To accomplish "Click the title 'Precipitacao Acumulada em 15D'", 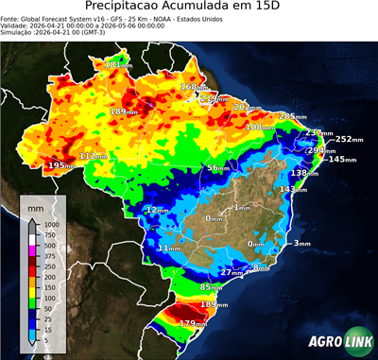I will coord(189,9).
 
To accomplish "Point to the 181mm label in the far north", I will coord(119,64).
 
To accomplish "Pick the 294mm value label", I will coord(319,150).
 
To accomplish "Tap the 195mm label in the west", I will coord(60,165).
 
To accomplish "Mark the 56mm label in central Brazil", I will coord(218,167).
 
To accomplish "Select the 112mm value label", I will coord(93,156).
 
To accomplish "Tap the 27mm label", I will coord(230,272).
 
